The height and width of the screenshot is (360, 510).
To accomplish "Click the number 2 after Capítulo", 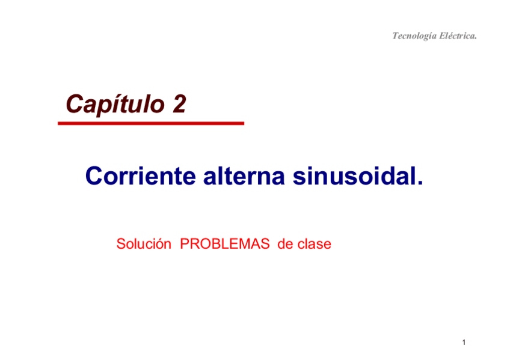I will (179, 105).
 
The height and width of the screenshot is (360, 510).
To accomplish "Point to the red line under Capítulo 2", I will (150, 123).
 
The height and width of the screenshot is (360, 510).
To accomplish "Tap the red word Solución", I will (140, 245).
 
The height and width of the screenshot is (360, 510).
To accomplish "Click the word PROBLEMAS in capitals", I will (225, 245).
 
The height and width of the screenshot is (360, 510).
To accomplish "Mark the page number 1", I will (464, 343).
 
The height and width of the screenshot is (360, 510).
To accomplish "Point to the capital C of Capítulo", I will (74, 105).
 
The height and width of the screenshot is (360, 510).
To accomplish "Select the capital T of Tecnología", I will (395, 36).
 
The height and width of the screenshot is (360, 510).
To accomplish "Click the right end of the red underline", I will (242, 123).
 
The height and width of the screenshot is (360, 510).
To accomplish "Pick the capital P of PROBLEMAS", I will (185, 245).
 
